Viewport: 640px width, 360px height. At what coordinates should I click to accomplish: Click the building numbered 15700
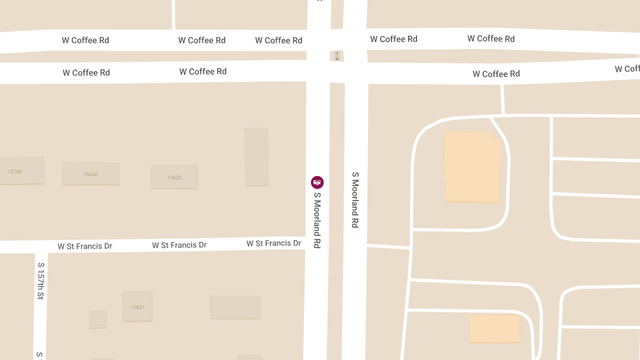pos(21,171)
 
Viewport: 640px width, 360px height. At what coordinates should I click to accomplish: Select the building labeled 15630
pos(91,174)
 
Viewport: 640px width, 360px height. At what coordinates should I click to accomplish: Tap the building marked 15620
pos(174,177)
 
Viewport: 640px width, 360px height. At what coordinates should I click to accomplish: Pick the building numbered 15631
pos(137,306)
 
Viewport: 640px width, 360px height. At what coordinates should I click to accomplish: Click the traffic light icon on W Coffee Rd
pos(337,55)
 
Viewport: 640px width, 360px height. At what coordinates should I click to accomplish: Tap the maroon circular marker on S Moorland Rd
pos(317,182)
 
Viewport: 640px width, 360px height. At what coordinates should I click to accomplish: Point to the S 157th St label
pos(41,281)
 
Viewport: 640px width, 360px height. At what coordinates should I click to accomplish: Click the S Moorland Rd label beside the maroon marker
pos(317,220)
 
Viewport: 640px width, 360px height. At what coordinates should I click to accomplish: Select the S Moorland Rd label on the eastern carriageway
pos(355,200)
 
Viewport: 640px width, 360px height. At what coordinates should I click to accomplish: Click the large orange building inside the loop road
pos(472,167)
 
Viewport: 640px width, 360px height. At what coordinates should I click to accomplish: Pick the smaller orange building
pos(494,329)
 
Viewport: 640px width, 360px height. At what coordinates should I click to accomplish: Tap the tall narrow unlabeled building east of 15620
pos(256,157)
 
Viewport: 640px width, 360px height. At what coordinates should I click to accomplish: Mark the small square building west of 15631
pos(98,319)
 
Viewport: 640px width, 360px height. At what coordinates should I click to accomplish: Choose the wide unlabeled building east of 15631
pos(235,307)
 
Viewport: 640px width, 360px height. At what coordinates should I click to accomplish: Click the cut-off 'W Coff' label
pos(627,69)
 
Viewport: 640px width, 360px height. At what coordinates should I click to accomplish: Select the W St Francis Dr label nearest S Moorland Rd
pos(274,243)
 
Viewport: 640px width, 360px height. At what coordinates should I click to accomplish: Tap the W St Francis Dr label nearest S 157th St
pos(85,246)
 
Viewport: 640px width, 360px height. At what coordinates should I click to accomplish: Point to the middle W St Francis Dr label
pos(179,245)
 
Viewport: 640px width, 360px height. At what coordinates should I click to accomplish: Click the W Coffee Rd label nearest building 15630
pos(86,73)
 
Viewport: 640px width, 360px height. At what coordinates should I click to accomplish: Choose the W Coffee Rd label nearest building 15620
pos(203,71)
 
